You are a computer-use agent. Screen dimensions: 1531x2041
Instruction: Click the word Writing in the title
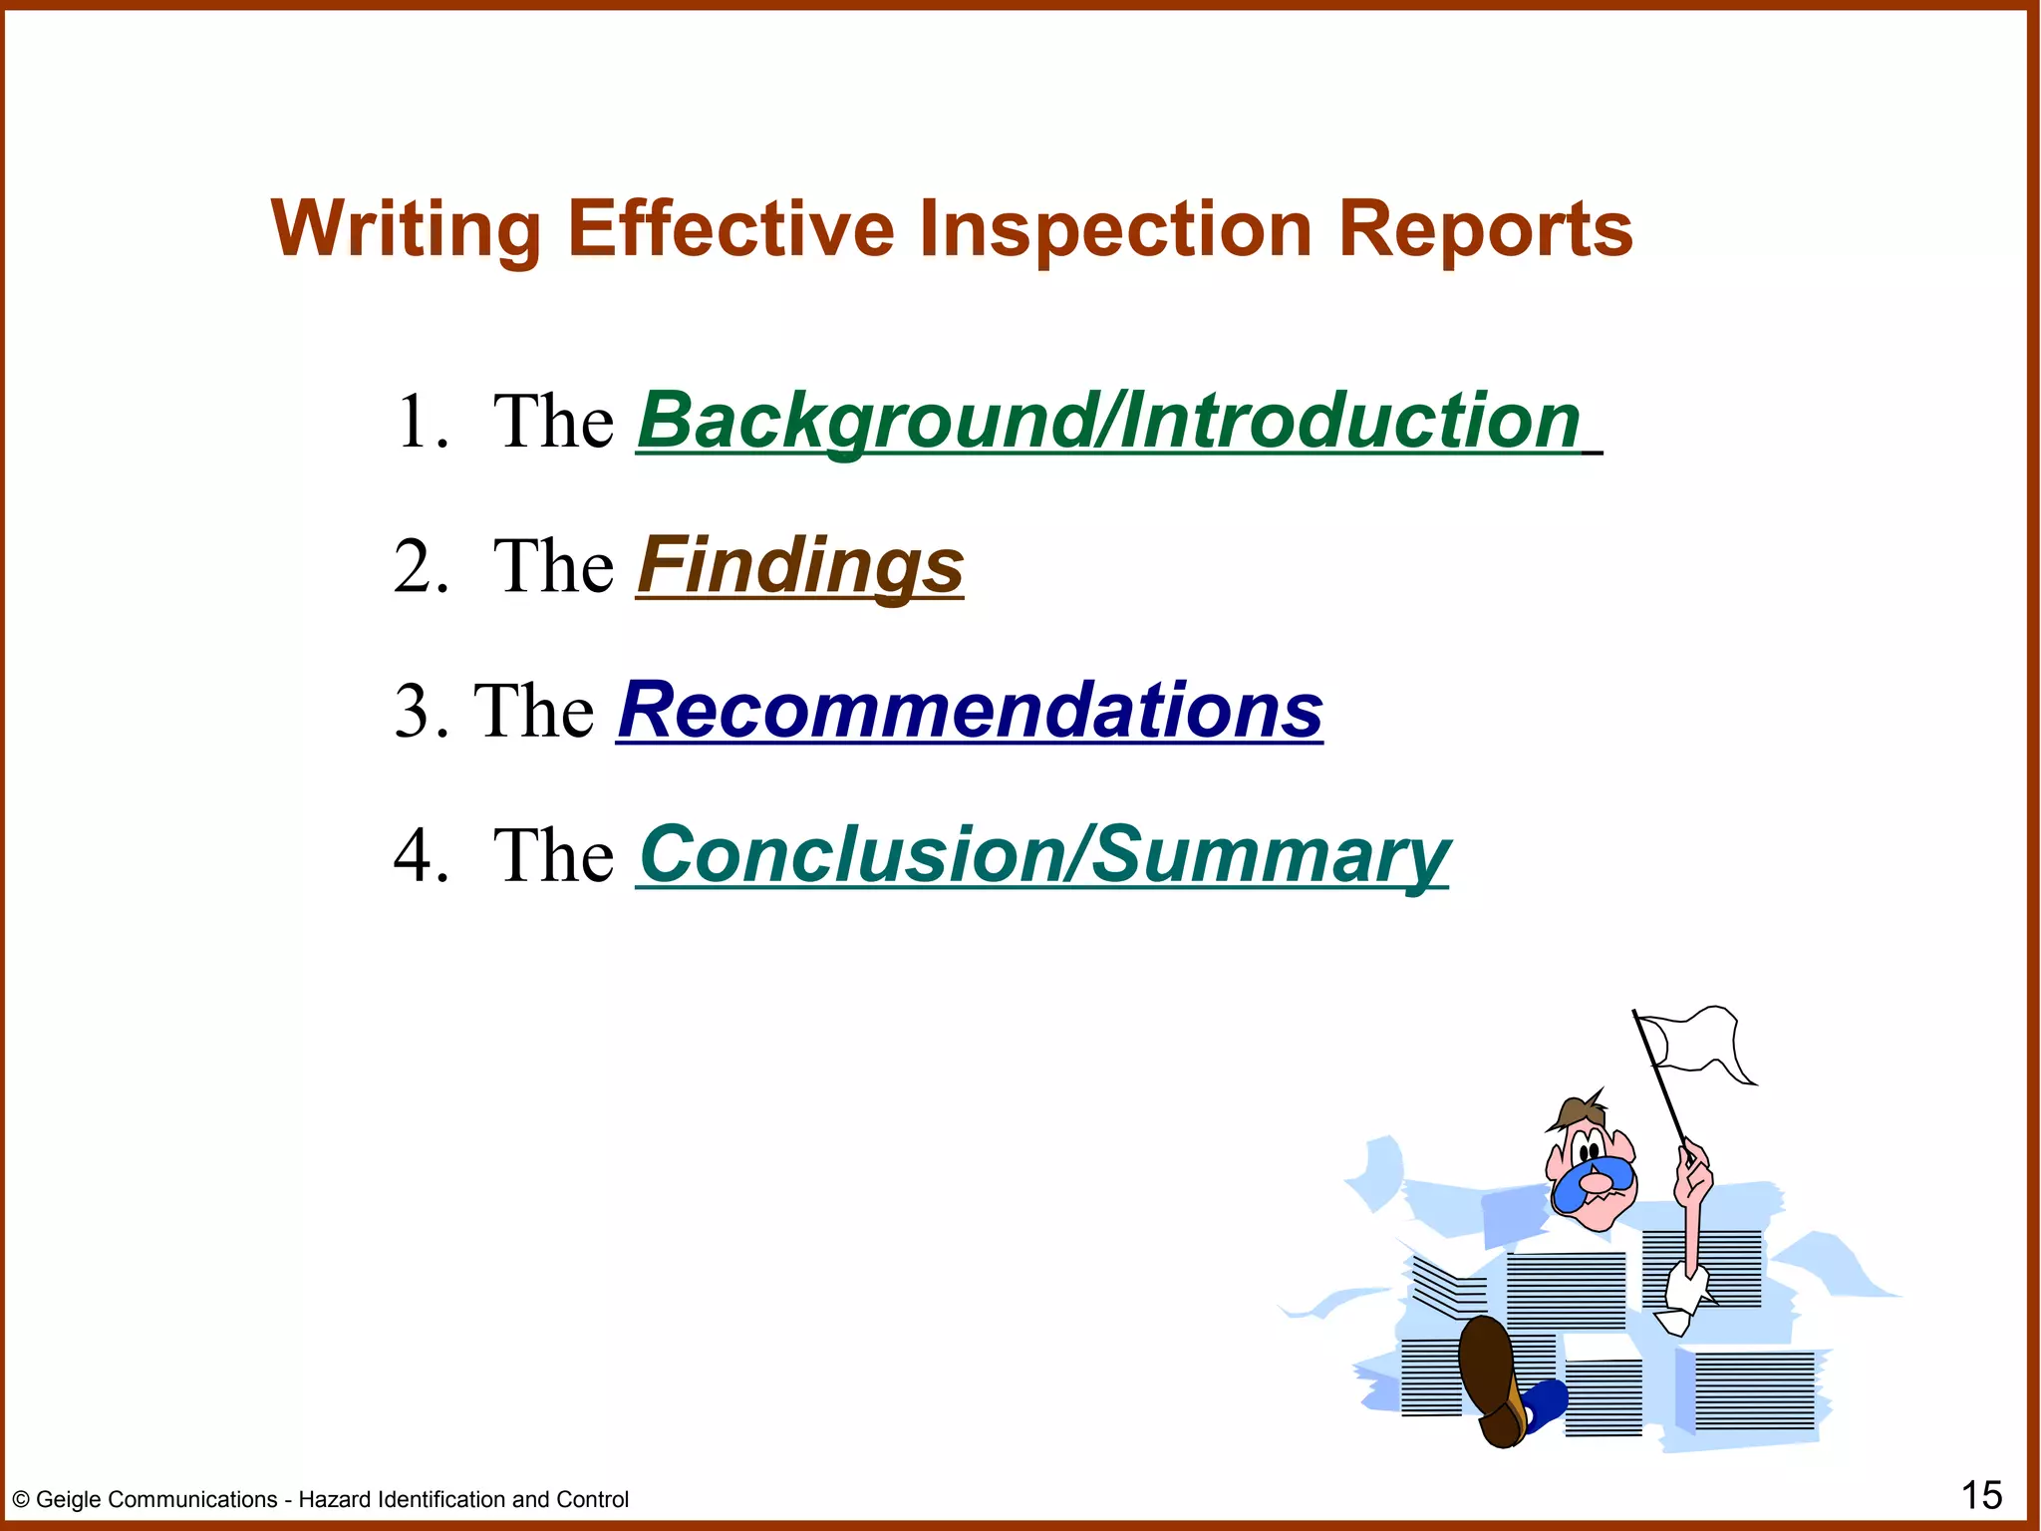pos(406,230)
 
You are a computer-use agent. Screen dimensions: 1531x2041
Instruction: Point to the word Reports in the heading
pos(1485,230)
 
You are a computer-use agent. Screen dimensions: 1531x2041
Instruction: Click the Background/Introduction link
pos(1108,422)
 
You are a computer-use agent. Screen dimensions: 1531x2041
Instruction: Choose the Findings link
pos(800,566)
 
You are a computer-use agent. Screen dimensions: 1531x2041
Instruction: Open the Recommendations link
pos(970,711)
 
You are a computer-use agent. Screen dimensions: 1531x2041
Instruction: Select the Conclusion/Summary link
pos(1043,855)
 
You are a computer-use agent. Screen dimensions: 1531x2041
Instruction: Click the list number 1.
pos(417,422)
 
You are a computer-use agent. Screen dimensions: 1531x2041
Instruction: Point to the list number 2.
pos(417,566)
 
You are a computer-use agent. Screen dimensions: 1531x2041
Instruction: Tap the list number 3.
pos(413,711)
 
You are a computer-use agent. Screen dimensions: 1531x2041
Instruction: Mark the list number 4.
pos(417,855)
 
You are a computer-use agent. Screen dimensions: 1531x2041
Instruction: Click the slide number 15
pos(1981,1495)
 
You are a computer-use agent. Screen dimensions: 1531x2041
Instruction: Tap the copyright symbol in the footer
pos(21,1500)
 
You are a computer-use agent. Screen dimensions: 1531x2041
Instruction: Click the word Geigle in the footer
pos(69,1500)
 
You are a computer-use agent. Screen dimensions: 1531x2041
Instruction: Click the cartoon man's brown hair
pos(1578,1109)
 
